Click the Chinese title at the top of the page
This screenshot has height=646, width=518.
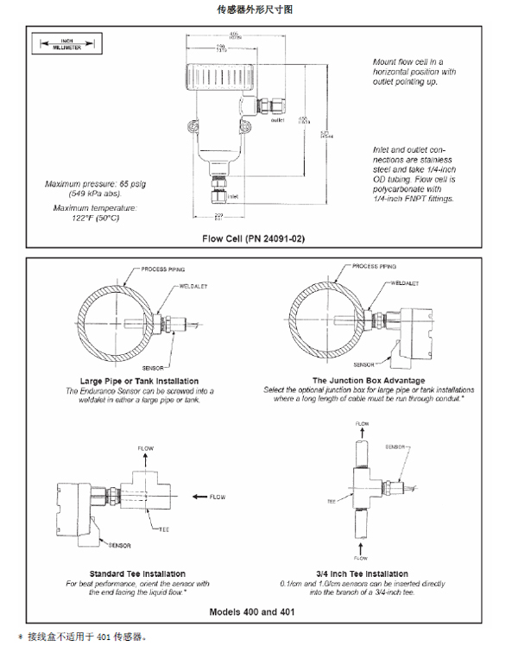tap(259, 9)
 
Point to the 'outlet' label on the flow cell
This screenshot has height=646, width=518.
tap(278, 120)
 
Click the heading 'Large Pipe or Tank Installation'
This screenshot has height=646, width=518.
tap(139, 381)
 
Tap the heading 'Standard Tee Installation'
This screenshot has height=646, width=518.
tap(137, 573)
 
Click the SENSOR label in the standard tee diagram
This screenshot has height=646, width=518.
tap(121, 546)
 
